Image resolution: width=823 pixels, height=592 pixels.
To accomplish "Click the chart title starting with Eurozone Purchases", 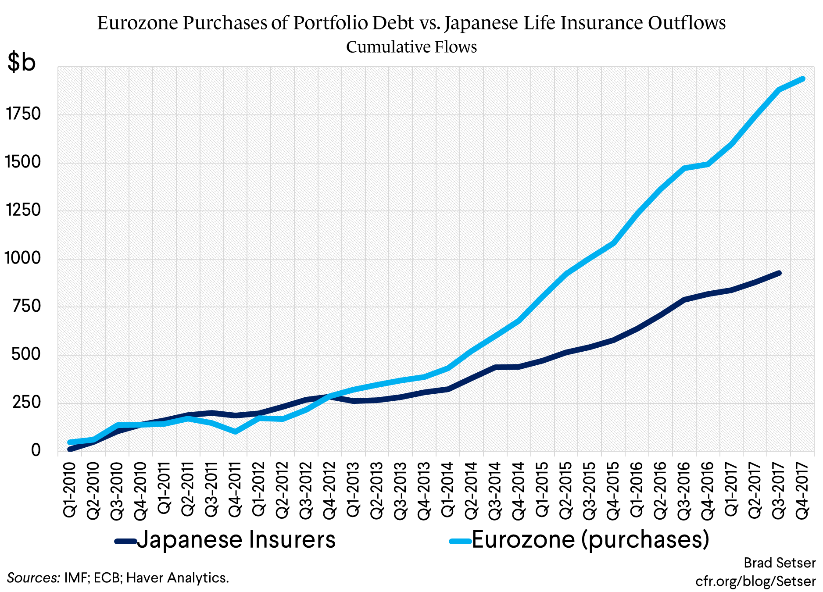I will (x=411, y=23).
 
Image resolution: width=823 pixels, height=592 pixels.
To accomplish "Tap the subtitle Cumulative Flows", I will (x=411, y=47).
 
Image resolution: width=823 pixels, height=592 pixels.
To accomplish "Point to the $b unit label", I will (x=21, y=62).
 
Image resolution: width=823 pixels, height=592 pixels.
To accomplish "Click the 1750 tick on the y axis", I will (x=23, y=114).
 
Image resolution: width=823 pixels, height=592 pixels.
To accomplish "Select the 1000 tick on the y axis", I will (x=22, y=258).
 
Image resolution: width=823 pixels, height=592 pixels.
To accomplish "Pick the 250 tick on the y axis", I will (x=26, y=402).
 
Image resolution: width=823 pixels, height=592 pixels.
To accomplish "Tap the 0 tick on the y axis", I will (x=36, y=450).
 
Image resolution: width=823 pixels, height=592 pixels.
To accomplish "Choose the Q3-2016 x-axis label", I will (x=684, y=490).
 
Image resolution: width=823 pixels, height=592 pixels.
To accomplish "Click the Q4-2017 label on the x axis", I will (x=802, y=490).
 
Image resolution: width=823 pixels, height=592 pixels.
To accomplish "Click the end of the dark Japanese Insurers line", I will (x=779, y=273).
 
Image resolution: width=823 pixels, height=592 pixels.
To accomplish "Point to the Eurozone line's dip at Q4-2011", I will (x=236, y=432).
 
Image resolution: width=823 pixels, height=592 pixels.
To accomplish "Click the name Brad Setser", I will (x=780, y=563).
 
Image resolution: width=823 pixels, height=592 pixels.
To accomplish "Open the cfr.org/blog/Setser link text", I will (x=755, y=581).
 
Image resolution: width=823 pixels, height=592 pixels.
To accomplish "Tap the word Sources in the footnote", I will (x=33, y=578).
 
